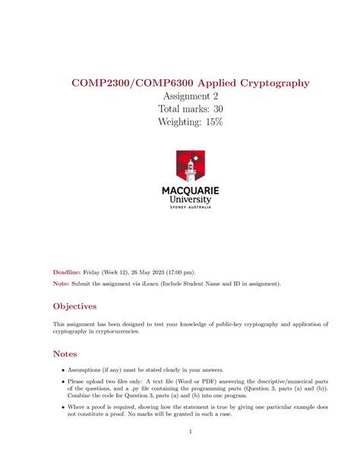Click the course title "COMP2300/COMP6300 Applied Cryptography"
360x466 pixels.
tap(180, 81)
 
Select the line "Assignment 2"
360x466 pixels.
tap(180, 96)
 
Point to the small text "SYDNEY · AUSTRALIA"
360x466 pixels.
tap(191, 207)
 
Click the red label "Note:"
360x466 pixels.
tap(60, 284)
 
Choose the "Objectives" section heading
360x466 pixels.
tap(74, 306)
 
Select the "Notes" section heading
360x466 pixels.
tap(65, 354)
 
